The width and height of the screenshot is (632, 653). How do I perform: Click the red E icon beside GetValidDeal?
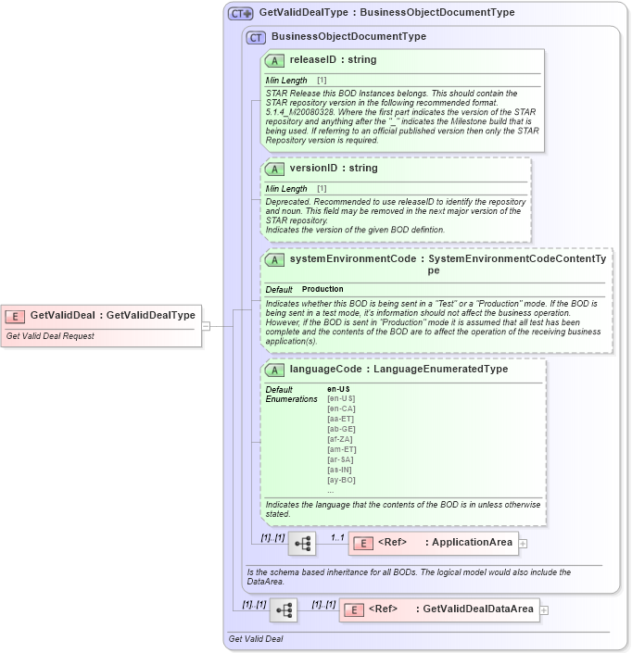pos(16,315)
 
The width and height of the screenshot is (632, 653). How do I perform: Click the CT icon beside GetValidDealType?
pos(241,13)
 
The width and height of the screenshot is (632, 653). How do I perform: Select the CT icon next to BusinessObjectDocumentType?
pos(256,37)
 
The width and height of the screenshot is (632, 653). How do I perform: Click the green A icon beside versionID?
pos(274,169)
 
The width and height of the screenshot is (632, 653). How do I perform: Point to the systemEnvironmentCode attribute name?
pos(352,259)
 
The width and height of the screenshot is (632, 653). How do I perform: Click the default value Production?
pos(322,290)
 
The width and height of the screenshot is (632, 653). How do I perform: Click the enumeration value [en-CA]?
pos(340,408)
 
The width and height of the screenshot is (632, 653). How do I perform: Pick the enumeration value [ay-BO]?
pos(340,480)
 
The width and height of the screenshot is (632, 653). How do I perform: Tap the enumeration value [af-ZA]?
pos(340,439)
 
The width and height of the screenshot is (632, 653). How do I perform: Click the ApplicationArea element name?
pos(473,542)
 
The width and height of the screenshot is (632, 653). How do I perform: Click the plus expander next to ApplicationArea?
pos(524,544)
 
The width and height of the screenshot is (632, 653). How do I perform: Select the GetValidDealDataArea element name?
pos(478,609)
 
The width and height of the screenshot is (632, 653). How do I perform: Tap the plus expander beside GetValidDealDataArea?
pos(544,609)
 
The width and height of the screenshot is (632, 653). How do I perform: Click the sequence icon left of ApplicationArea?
pos(301,544)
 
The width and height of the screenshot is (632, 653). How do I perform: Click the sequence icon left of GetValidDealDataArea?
pos(284,609)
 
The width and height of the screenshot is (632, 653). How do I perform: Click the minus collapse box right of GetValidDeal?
pos(206,326)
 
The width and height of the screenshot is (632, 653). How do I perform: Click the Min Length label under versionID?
pos(286,189)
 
